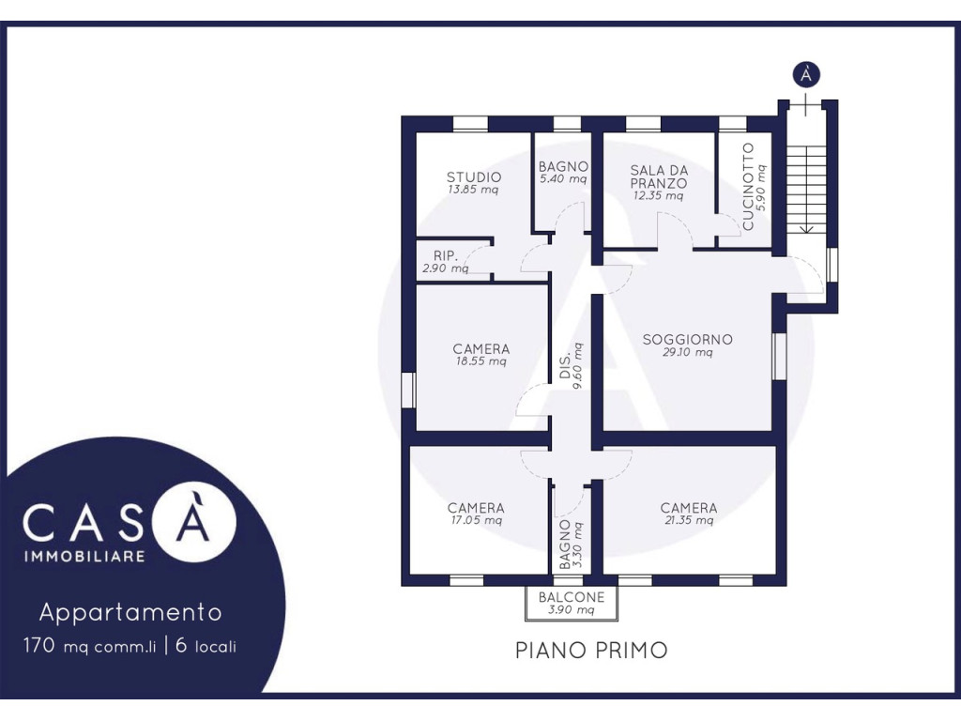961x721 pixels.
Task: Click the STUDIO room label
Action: tap(474, 177)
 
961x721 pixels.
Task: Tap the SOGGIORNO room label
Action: tap(687, 339)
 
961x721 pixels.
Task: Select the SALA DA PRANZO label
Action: tap(659, 176)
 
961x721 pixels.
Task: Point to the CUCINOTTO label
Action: tap(748, 187)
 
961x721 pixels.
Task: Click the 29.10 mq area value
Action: tap(687, 353)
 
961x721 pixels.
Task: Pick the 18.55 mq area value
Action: tap(481, 361)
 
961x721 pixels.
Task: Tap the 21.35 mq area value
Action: tap(689, 520)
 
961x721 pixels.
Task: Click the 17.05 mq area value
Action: tap(476, 520)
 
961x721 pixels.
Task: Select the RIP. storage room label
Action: tap(446, 255)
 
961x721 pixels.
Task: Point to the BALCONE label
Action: tap(572, 596)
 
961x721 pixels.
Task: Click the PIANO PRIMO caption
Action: tap(591, 650)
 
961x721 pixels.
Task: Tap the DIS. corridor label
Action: tap(564, 365)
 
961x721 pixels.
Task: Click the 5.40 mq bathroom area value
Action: tap(563, 179)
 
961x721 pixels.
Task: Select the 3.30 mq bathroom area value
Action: tap(577, 545)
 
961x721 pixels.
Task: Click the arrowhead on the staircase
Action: tap(807, 228)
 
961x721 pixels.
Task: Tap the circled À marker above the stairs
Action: tap(806, 75)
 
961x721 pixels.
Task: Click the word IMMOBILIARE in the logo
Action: tap(84, 556)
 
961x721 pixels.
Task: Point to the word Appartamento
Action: tap(130, 612)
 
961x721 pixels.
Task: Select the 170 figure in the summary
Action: tap(39, 645)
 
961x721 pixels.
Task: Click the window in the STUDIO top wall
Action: tap(470, 123)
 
